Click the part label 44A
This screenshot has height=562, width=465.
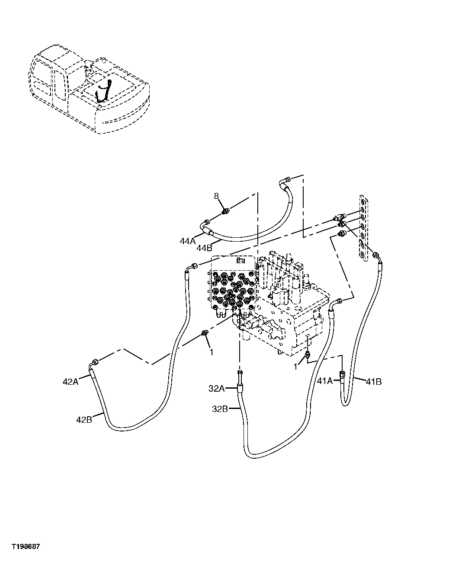pyautogui.click(x=188, y=241)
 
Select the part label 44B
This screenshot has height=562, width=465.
pyautogui.click(x=204, y=248)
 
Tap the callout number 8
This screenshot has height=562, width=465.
pyautogui.click(x=217, y=197)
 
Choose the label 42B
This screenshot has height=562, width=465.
pyautogui.click(x=83, y=419)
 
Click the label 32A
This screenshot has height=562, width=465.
pyautogui.click(x=216, y=389)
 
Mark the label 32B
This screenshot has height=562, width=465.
pyautogui.click(x=220, y=409)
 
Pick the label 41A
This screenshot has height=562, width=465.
pyautogui.click(x=325, y=380)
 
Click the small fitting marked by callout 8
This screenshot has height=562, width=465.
pyautogui.click(x=225, y=211)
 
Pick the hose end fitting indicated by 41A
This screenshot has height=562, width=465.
pyautogui.click(x=342, y=375)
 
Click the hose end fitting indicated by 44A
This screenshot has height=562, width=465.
pyautogui.click(x=206, y=224)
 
